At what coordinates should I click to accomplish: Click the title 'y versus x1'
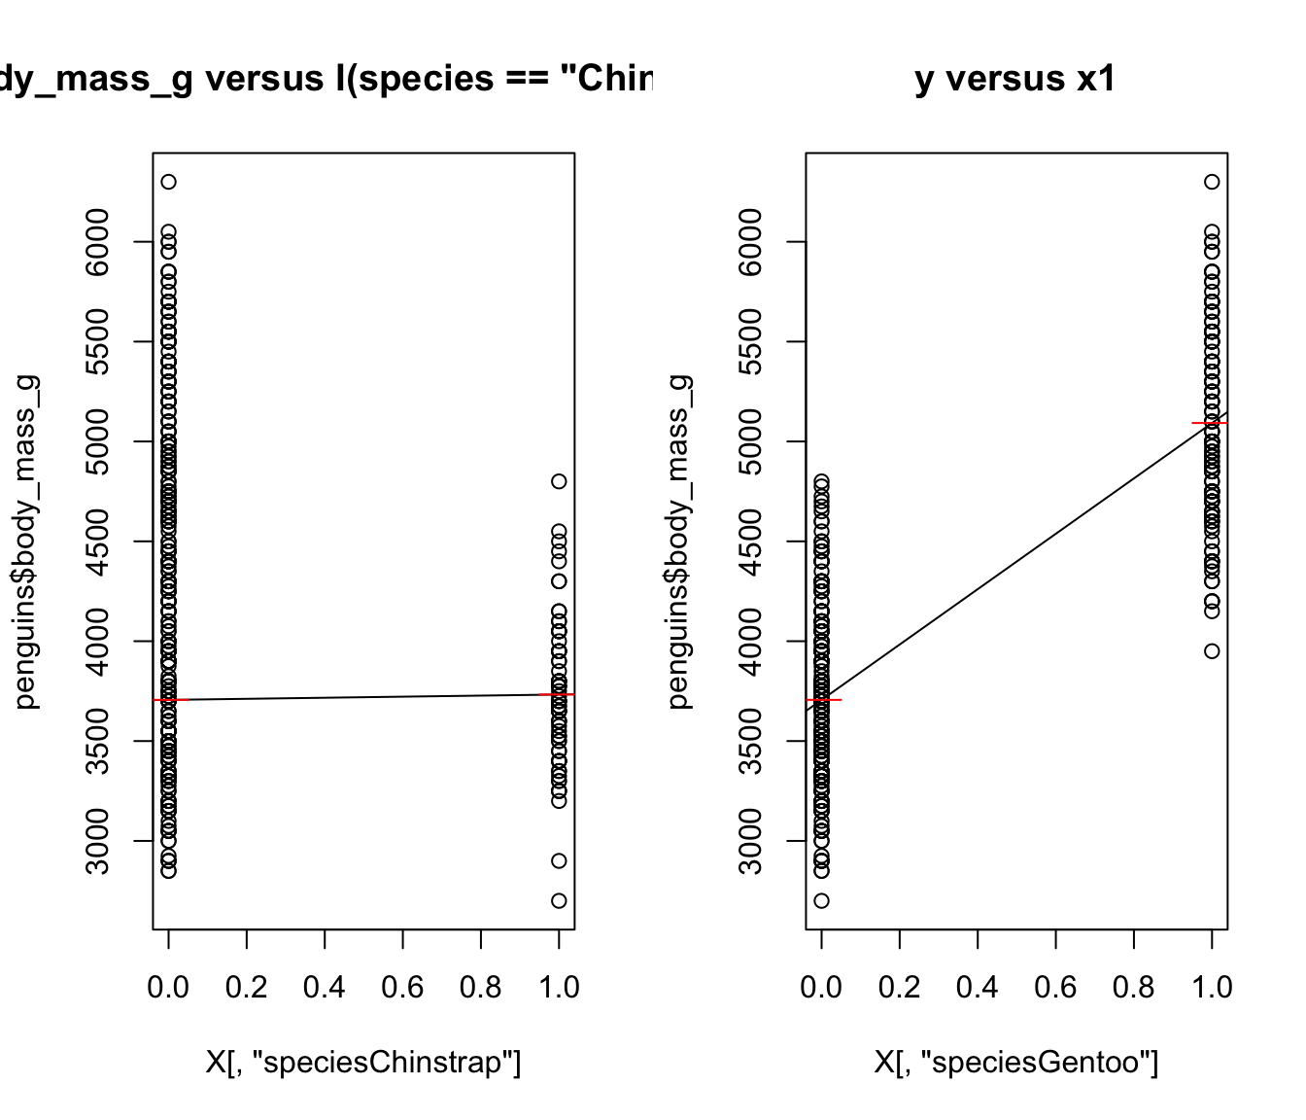point(1015,79)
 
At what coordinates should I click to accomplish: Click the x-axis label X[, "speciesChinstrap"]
point(363,1063)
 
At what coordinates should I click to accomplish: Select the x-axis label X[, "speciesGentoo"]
point(1015,1063)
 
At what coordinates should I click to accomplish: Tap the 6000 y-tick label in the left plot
point(98,241)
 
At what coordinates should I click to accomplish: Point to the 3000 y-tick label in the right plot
point(751,841)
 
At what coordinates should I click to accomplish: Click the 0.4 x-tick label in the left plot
point(325,988)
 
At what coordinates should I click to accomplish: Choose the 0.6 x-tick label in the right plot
point(1055,988)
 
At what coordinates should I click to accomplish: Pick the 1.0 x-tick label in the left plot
point(559,988)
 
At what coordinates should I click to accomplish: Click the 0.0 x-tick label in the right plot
point(821,988)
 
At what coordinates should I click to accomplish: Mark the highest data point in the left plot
point(168,182)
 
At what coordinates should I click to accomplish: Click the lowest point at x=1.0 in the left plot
point(559,900)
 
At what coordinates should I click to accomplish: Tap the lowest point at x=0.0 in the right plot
point(821,900)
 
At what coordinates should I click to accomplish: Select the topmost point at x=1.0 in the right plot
point(1212,182)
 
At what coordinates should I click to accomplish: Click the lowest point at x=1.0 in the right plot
point(1212,651)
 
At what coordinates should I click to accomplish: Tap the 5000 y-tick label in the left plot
point(98,441)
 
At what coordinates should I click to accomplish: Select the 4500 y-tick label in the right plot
point(751,542)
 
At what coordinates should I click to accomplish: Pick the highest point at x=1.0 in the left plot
point(559,481)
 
